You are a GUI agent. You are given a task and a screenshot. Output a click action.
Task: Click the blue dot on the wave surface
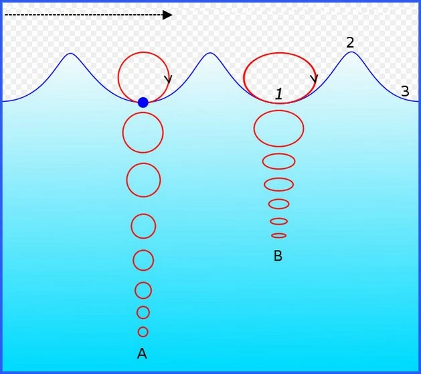143,103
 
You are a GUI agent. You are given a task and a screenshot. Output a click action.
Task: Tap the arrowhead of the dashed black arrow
167,15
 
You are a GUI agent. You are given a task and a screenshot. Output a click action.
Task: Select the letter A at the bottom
142,353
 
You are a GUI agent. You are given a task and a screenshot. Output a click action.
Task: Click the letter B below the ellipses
278,256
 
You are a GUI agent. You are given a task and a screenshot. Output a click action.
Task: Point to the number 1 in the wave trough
279,94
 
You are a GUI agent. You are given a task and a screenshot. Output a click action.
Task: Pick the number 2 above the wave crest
350,42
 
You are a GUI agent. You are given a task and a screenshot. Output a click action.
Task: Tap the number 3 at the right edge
405,91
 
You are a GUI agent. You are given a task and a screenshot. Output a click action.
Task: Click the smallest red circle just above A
143,332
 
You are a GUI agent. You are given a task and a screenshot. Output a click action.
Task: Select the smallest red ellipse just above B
279,235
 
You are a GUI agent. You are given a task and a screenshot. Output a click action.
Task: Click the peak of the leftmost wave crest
70,54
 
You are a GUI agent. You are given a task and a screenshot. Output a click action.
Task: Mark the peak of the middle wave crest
210,53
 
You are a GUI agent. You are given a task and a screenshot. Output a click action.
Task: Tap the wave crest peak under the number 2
351,52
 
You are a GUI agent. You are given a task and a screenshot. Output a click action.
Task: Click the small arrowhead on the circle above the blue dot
168,80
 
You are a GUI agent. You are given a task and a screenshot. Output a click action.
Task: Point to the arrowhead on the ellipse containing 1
313,78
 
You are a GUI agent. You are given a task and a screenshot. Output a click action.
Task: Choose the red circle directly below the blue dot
143,133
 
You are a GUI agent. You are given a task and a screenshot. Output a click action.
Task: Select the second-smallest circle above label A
143,312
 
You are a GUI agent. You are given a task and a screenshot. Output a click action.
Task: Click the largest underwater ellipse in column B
279,128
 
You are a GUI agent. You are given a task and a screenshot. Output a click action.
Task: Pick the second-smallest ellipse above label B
279,221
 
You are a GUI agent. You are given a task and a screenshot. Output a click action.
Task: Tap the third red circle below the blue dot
143,227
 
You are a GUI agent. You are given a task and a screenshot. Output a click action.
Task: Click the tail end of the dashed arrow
6,15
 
